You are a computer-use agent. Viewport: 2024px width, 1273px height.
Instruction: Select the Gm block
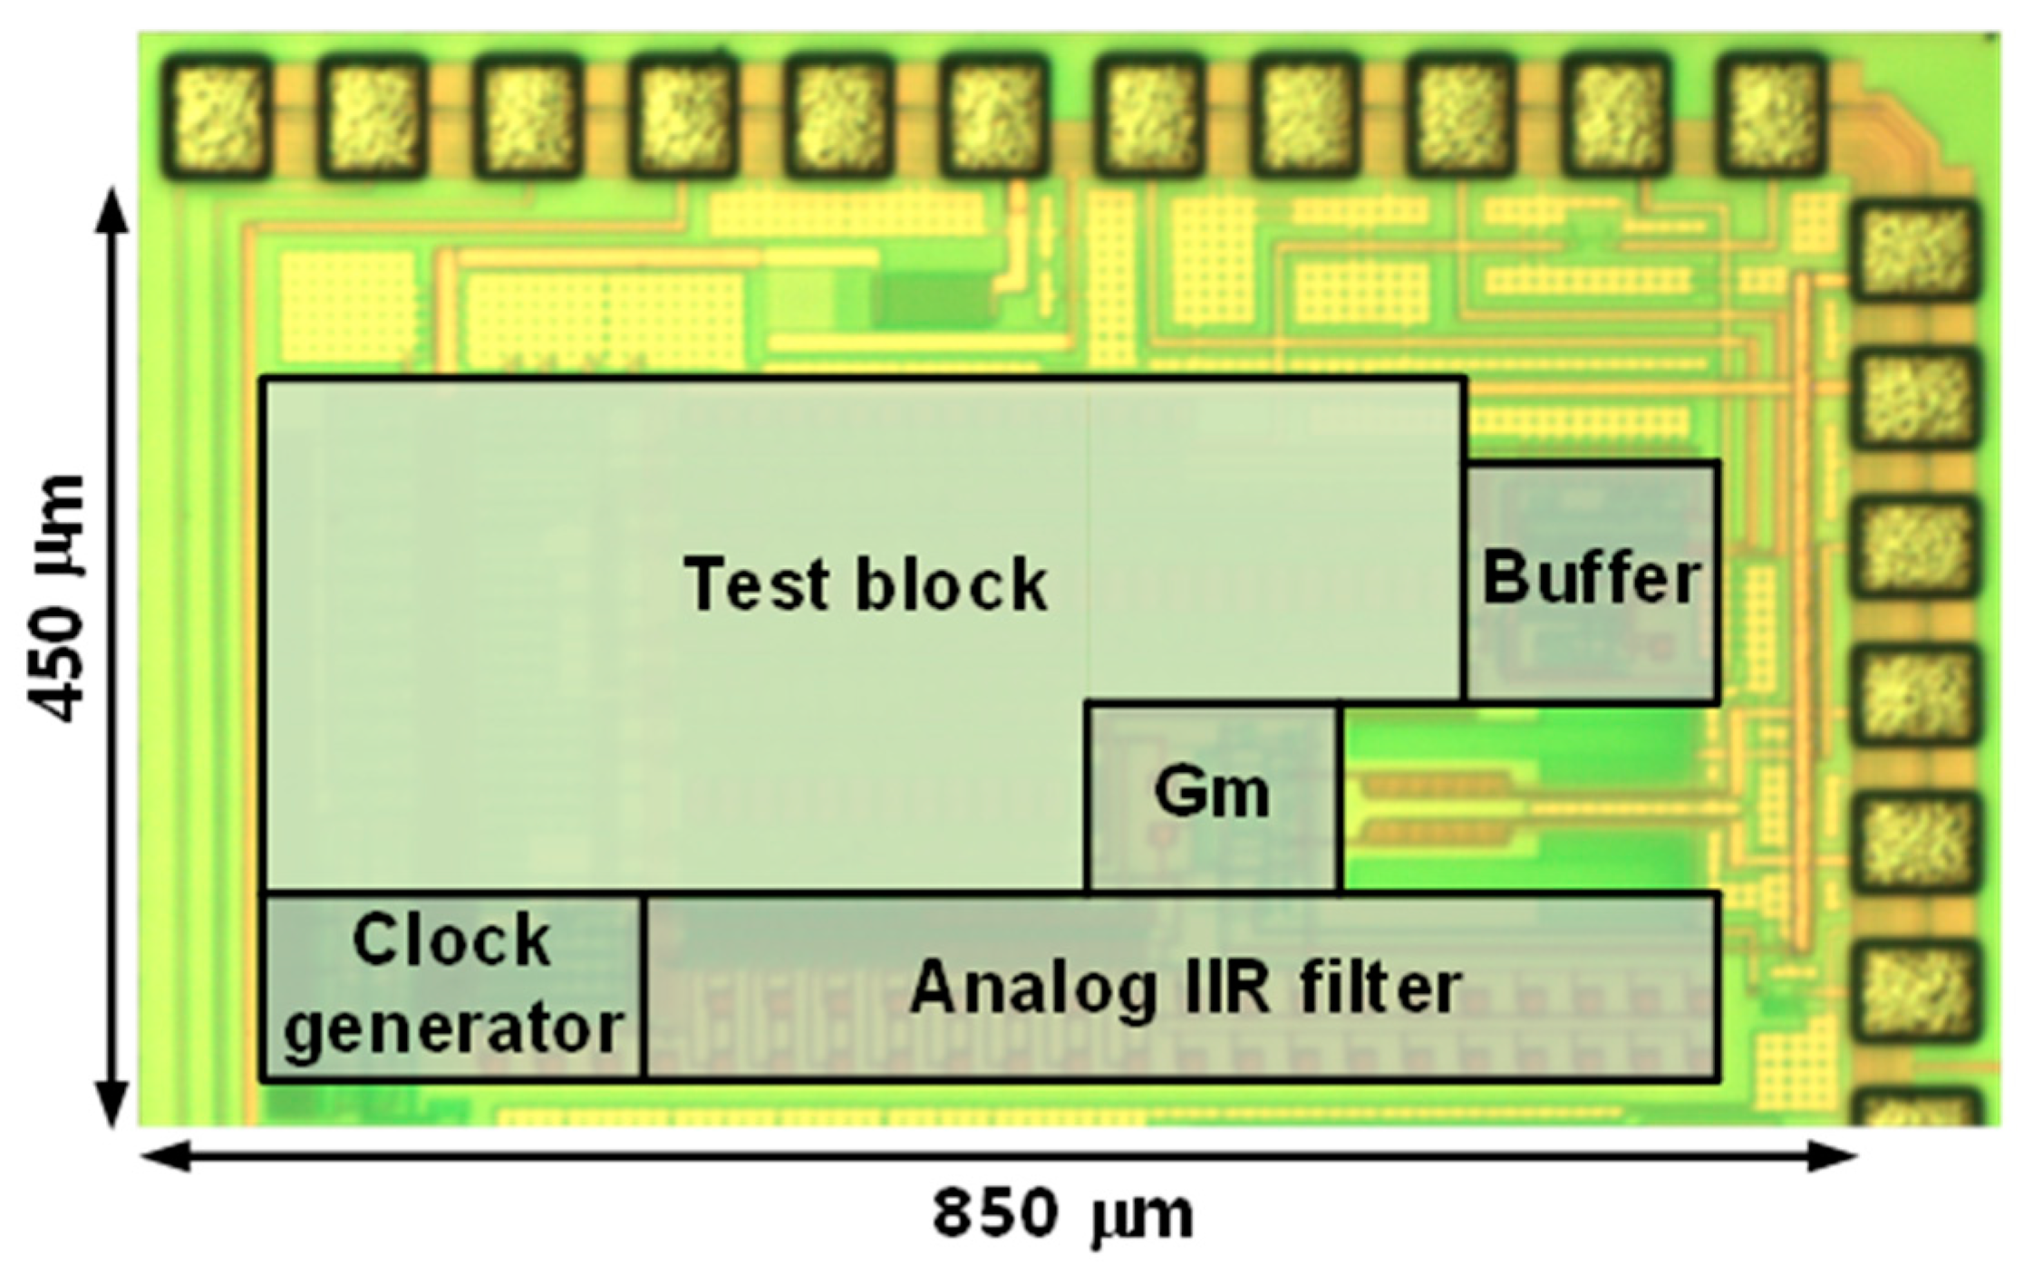click(1212, 796)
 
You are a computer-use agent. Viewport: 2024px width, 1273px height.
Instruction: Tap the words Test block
click(866, 584)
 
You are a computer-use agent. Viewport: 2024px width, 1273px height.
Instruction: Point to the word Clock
click(451, 940)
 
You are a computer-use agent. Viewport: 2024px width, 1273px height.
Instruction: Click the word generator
click(453, 1028)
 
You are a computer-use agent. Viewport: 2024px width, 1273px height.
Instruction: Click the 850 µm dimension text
click(1062, 1216)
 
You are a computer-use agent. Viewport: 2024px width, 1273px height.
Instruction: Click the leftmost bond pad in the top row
click(216, 115)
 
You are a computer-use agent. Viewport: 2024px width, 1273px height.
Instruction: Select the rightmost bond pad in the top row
click(1771, 115)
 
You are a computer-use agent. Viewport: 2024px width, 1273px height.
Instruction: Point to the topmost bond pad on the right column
click(1913, 251)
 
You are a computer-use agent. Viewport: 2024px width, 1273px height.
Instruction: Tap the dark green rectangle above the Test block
click(934, 299)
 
